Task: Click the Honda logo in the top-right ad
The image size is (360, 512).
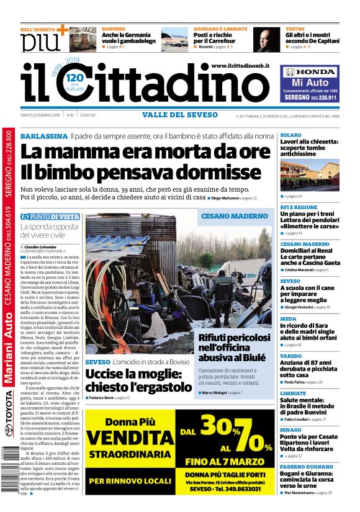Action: (x=309, y=72)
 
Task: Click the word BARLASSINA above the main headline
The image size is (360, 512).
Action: (x=43, y=136)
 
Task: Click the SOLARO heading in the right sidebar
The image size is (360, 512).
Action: (x=290, y=135)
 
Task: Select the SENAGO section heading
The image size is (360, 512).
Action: (x=291, y=429)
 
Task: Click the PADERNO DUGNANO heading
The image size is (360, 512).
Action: (x=306, y=466)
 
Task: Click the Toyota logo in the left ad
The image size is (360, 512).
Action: (x=8, y=423)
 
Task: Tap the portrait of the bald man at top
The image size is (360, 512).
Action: (x=266, y=39)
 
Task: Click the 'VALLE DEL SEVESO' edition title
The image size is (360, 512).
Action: (x=180, y=115)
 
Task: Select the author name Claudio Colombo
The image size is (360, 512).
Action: (x=42, y=246)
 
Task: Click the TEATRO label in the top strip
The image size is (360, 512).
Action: (x=295, y=29)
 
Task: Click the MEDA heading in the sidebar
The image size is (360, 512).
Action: (x=289, y=318)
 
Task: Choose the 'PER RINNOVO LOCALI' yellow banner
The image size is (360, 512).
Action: (x=129, y=481)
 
